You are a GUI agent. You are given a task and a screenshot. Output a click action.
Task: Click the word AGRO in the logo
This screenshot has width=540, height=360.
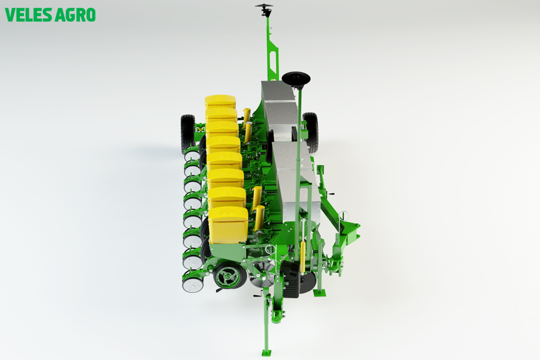pos(76,15)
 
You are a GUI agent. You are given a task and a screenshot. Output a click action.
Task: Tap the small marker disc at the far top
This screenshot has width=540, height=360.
pos(264,6)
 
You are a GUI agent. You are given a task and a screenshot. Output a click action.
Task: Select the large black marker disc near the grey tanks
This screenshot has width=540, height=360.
pos(296,78)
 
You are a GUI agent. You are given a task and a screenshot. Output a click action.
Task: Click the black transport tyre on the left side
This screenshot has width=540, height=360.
pos(188,134)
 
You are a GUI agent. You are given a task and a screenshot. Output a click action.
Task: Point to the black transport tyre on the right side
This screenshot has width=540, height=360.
pos(311,132)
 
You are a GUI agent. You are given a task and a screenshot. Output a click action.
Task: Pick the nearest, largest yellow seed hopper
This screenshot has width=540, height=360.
pos(228,224)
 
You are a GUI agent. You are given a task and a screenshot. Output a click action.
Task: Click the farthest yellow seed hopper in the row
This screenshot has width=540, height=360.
pos(220,101)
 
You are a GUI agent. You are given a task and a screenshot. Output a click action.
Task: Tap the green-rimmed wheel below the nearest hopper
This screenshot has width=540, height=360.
pos(230,275)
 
